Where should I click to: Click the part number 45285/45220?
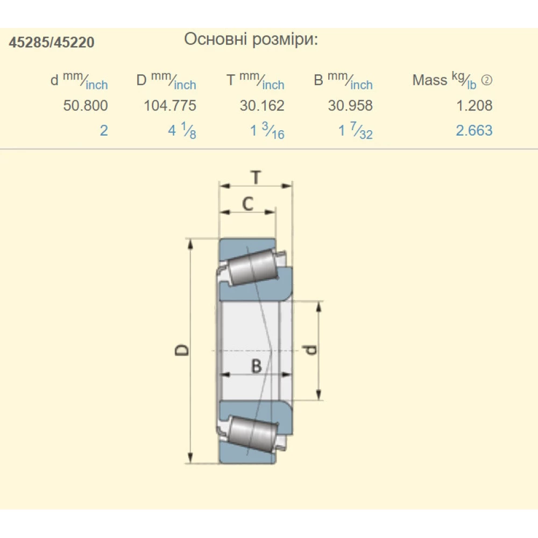click(x=52, y=42)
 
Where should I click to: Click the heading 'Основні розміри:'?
click(x=251, y=39)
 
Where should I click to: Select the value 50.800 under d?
click(x=86, y=105)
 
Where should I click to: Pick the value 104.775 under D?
click(x=170, y=105)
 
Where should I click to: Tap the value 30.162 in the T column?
click(x=262, y=105)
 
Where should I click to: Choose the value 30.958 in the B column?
click(x=350, y=105)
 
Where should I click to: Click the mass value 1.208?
click(x=474, y=105)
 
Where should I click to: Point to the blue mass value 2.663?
click(x=474, y=130)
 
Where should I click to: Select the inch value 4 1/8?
click(x=182, y=131)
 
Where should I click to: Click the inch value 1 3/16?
click(x=267, y=131)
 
